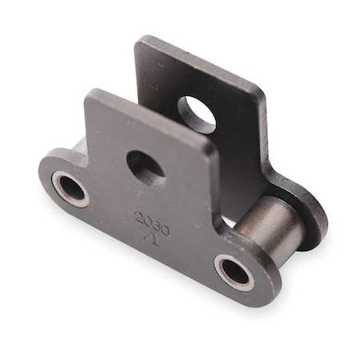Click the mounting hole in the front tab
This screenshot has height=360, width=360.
tap(146, 166)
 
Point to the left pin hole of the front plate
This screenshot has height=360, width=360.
tap(70, 190)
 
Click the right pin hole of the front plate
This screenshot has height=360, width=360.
tap(234, 271)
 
